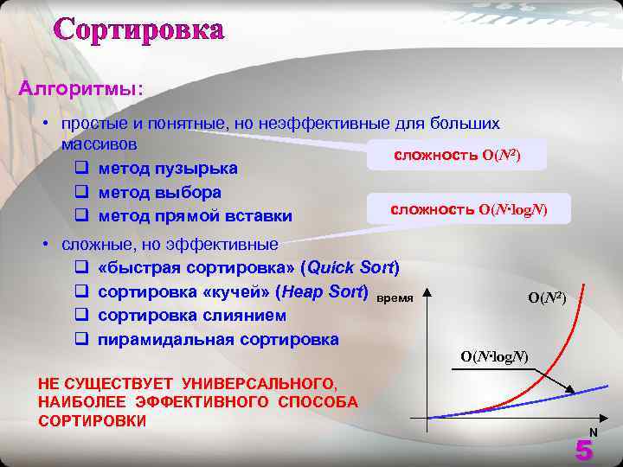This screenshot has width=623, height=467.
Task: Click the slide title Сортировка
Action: pyautogui.click(x=139, y=29)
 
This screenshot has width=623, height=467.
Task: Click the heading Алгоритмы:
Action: pyautogui.click(x=82, y=88)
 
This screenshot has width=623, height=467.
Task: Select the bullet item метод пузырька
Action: pyautogui.click(x=168, y=167)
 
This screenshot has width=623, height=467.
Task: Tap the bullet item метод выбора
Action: pyautogui.click(x=159, y=191)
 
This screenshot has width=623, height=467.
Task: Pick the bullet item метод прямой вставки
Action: pyautogui.click(x=195, y=215)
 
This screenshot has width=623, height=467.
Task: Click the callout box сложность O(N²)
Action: pyautogui.click(x=457, y=155)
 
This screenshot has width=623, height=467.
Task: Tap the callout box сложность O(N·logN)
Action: pyautogui.click(x=468, y=209)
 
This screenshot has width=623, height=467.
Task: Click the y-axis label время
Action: pyautogui.click(x=394, y=297)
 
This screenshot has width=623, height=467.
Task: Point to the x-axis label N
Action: pyautogui.click(x=594, y=432)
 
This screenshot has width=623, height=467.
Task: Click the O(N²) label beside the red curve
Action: pyautogui.click(x=546, y=297)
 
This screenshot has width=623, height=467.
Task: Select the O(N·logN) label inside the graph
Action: pyautogui.click(x=494, y=356)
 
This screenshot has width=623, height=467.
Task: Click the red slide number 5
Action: pyautogui.click(x=584, y=451)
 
